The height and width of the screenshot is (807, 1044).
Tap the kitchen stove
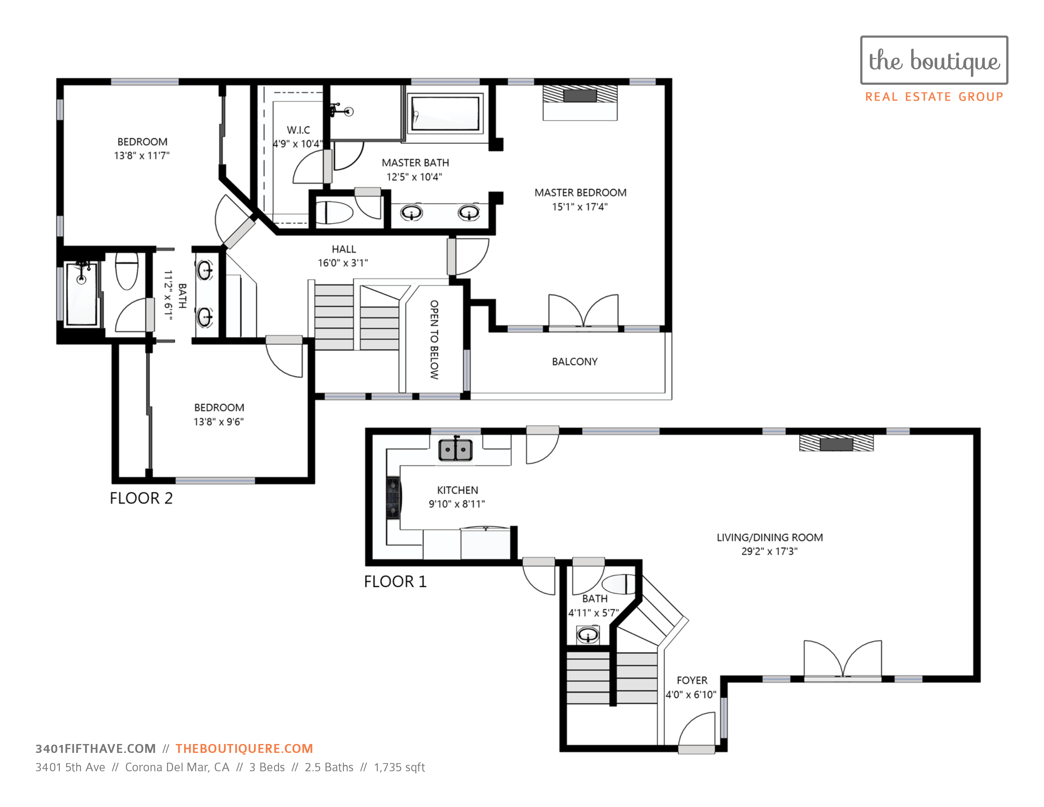(x=394, y=498)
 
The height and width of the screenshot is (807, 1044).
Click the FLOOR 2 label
(x=141, y=498)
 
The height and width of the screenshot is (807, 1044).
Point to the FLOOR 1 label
(x=395, y=581)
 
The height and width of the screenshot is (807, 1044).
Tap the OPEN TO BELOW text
(x=434, y=340)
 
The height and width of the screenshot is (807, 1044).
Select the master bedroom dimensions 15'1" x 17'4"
(x=580, y=207)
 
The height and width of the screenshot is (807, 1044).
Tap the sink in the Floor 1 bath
(x=587, y=635)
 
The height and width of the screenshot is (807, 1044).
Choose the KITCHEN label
(x=457, y=490)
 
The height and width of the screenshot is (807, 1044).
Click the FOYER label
(x=692, y=680)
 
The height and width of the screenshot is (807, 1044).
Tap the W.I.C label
(x=298, y=130)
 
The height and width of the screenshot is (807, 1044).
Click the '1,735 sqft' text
(x=399, y=767)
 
